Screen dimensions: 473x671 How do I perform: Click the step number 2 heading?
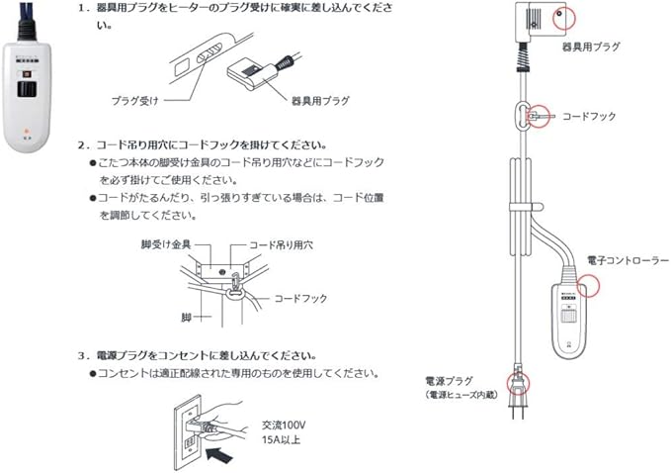click(x=83, y=144)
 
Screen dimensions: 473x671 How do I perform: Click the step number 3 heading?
click(x=83, y=354)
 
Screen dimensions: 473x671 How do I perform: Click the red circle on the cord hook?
click(x=539, y=116)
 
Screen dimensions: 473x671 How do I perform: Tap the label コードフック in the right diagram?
click(x=589, y=116)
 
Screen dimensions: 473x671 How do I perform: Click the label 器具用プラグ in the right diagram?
click(x=591, y=47)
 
